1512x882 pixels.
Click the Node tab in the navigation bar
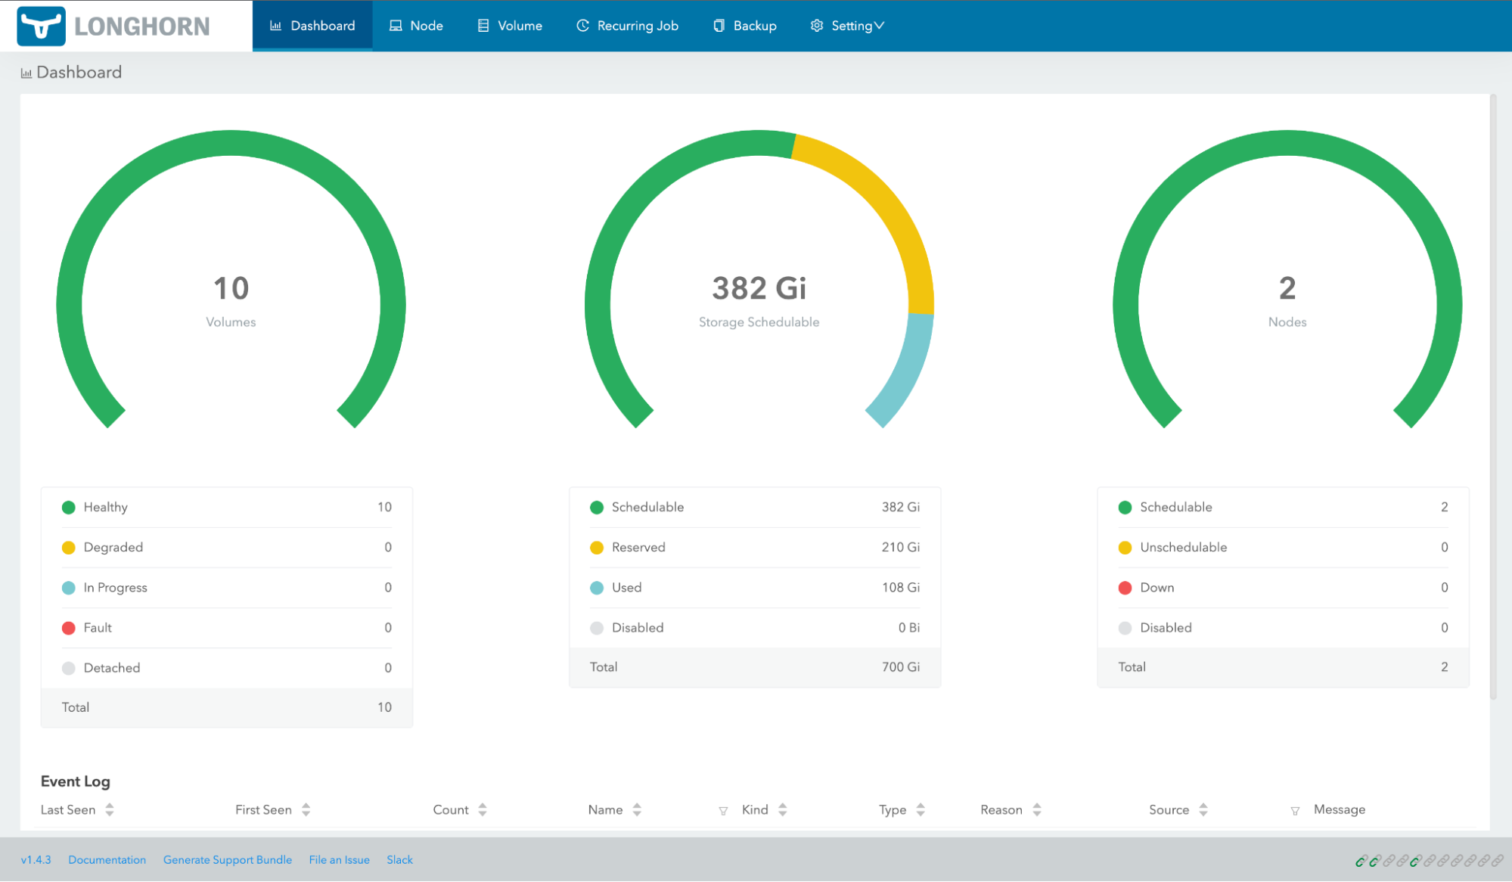click(x=416, y=26)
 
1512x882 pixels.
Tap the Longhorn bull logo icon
click(x=41, y=26)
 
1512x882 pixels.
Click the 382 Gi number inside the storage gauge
click(x=759, y=288)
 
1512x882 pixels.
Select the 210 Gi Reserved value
click(x=900, y=547)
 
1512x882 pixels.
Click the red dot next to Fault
click(x=69, y=628)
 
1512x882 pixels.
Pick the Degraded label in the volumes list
click(x=113, y=547)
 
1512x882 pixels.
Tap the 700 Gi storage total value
click(x=900, y=667)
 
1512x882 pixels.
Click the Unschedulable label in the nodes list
click(x=1183, y=547)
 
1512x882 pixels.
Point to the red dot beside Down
click(x=1125, y=588)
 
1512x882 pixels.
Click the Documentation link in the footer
click(x=107, y=860)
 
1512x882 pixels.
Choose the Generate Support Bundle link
click(x=227, y=860)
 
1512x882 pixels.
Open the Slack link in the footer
click(x=399, y=860)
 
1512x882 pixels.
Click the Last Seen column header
click(x=68, y=810)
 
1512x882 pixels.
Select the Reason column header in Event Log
click(x=1001, y=810)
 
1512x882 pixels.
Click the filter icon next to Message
click(x=1295, y=811)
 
